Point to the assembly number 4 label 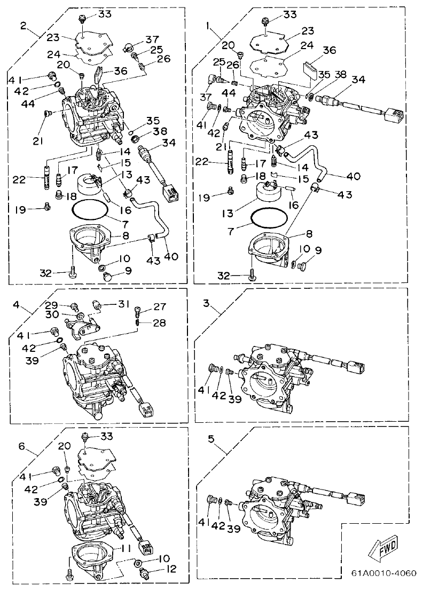click(x=16, y=305)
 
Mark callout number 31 click(x=123, y=304)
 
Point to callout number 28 click(x=160, y=322)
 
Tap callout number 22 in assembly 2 click(x=20, y=180)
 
